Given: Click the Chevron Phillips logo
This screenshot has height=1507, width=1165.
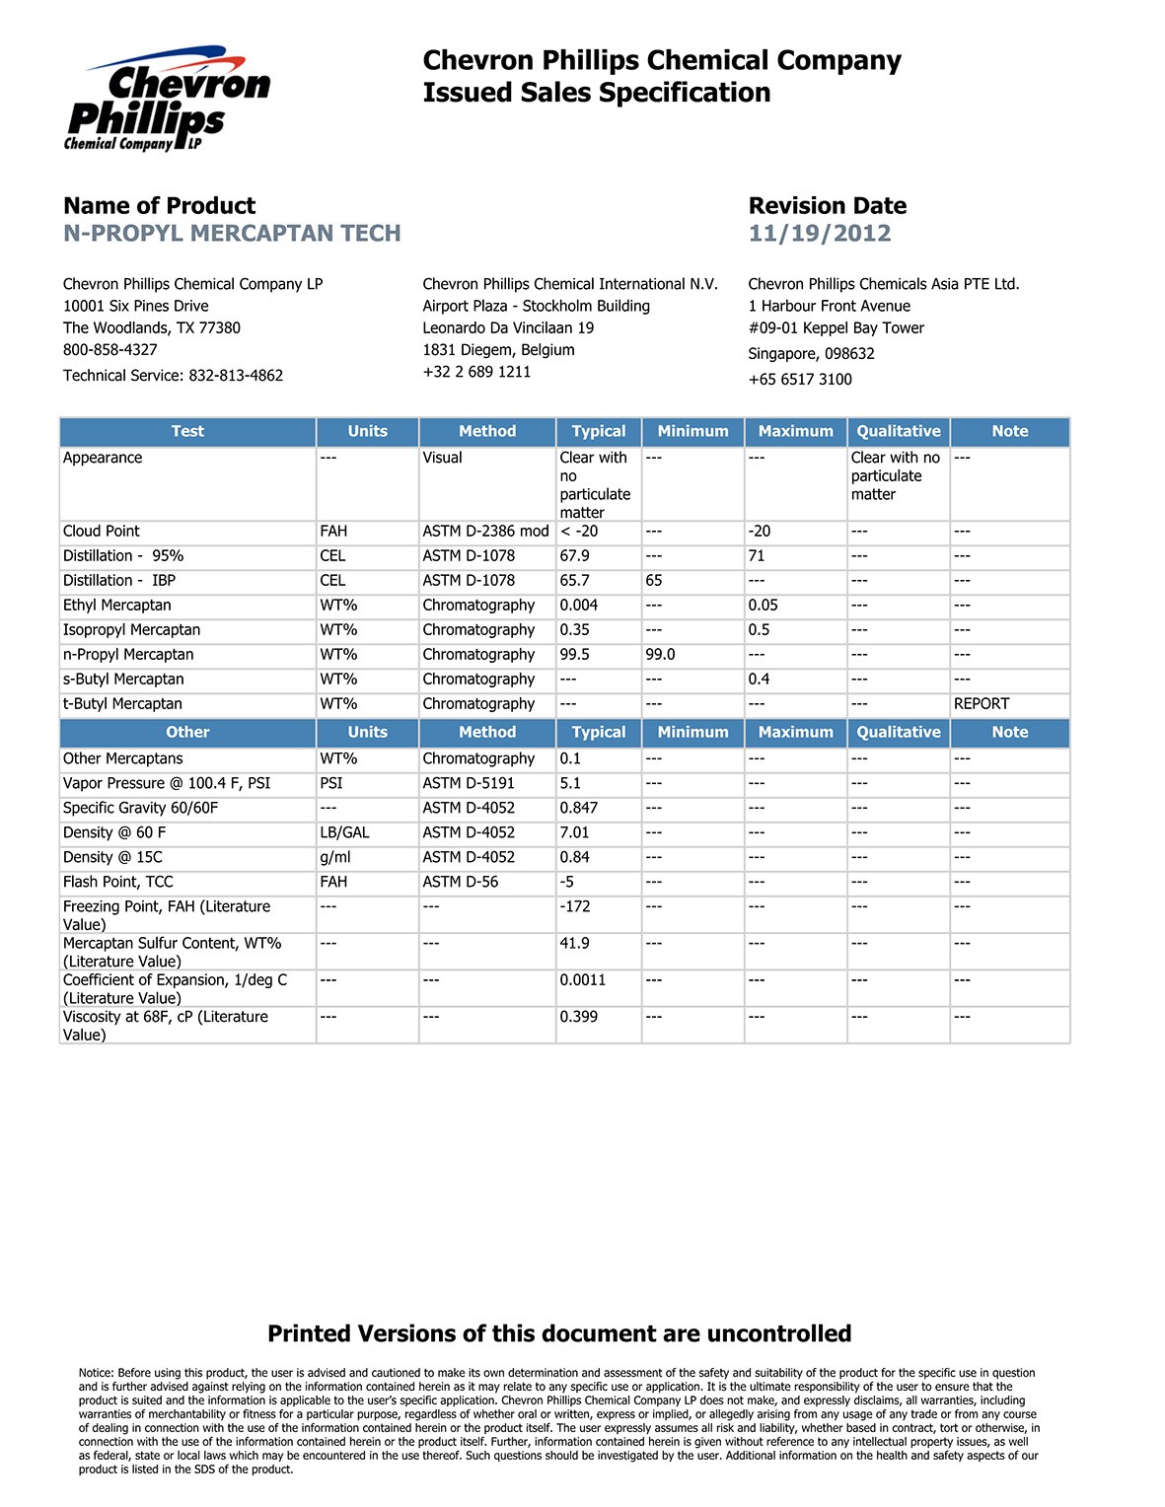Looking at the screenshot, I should click(x=167, y=99).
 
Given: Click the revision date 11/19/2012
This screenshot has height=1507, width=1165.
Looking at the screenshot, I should click(x=819, y=234).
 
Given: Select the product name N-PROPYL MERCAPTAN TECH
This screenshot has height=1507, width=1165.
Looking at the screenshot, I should click(x=232, y=234).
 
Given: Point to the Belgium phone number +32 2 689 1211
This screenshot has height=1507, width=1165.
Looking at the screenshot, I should click(x=476, y=372).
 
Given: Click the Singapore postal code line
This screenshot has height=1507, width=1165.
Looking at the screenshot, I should click(x=811, y=354).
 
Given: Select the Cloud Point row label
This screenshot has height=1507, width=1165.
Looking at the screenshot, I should click(x=102, y=532).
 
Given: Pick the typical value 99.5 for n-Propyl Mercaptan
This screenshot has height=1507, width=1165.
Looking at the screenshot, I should click(x=574, y=655).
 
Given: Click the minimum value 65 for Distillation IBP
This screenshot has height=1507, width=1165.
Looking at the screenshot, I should click(x=654, y=581).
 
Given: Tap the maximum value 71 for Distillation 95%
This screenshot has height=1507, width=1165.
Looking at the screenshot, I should click(x=757, y=556).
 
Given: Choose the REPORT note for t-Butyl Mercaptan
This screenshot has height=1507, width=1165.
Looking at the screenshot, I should click(x=981, y=704).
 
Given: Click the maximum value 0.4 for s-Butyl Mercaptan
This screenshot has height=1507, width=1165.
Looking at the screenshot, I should click(x=759, y=680).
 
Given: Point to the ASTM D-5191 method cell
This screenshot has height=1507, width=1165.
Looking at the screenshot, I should click(x=469, y=784).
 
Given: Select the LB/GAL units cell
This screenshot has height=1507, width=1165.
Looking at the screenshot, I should click(x=344, y=833).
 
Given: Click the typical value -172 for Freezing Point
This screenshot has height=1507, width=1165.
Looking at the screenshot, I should click(x=574, y=907).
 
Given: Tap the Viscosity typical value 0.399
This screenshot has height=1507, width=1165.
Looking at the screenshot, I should click(x=578, y=1018).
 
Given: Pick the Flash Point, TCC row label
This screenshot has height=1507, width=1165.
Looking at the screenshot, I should click(x=117, y=883).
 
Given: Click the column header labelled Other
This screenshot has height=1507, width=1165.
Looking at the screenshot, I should click(x=187, y=733).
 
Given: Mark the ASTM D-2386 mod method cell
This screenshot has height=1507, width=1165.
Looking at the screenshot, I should click(x=485, y=532).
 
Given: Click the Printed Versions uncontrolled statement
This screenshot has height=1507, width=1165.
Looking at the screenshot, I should click(x=559, y=1334).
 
